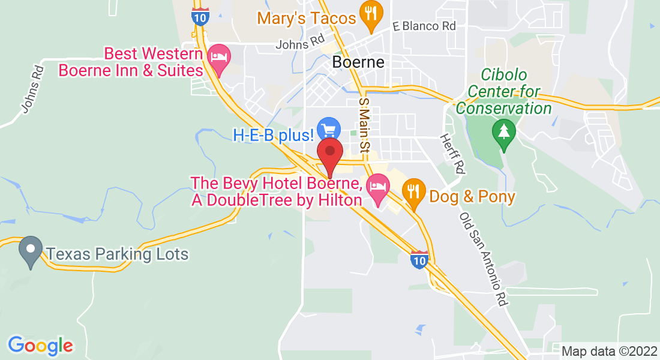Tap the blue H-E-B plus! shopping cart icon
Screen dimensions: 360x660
click(x=329, y=129)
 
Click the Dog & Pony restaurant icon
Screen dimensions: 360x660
click(x=413, y=191)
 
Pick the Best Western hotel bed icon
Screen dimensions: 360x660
click(x=219, y=58)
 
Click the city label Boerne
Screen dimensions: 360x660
click(x=358, y=62)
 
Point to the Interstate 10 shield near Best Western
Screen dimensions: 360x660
click(x=201, y=16)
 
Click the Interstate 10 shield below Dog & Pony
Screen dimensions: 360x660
click(x=419, y=259)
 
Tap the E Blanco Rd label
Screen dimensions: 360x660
click(x=424, y=26)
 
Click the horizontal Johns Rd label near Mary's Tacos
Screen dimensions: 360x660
click(x=300, y=44)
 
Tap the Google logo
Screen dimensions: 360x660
click(x=40, y=345)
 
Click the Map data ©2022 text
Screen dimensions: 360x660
click(x=608, y=351)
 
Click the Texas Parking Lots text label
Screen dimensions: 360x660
click(x=118, y=254)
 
